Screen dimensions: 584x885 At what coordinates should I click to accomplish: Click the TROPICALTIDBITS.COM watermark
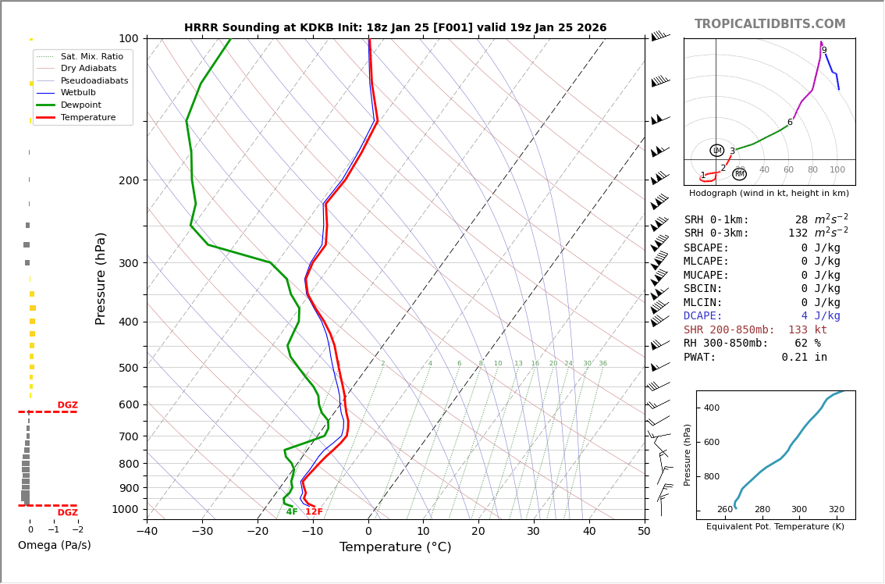pos(769,24)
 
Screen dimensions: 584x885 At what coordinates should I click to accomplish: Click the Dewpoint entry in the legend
pos(81,105)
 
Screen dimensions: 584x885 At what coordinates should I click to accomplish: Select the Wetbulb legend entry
pos(78,93)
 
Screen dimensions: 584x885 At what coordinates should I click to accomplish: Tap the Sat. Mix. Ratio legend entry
pos(91,56)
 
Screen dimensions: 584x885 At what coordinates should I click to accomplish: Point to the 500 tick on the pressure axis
pos(128,368)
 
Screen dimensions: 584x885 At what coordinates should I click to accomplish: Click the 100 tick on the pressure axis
pos(128,38)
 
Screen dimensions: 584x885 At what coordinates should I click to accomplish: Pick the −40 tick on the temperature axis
pos(147,532)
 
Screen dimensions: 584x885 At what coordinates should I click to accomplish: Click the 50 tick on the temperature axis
pos(644,532)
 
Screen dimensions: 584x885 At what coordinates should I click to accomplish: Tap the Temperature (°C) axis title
pos(395,547)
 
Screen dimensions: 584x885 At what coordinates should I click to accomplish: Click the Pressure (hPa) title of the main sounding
pos(101,278)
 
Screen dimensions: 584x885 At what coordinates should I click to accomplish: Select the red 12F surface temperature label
pos(314,512)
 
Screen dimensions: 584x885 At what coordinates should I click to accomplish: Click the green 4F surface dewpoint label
pos(292,512)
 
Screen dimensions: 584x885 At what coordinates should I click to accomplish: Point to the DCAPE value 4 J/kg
pos(820,316)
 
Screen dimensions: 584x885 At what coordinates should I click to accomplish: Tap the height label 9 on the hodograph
pos(824,51)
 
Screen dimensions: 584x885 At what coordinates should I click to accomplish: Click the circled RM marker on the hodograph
pos(740,174)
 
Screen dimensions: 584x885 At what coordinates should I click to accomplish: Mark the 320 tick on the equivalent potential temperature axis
pos(836,510)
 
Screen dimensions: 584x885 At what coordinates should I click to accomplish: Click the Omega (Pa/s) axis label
pos(55,545)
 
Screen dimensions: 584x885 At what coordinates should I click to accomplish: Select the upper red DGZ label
pos(68,405)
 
